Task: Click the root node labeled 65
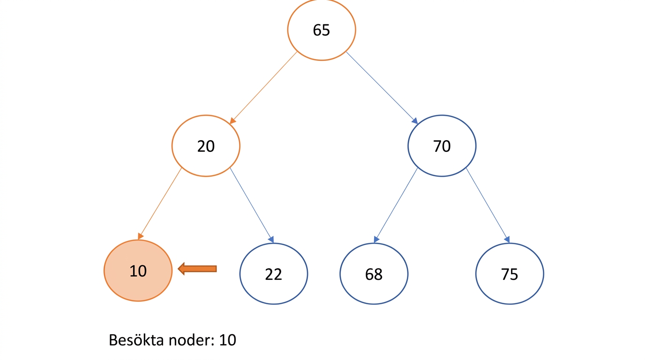pos(322,30)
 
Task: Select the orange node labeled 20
pos(206,146)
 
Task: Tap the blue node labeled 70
pos(442,146)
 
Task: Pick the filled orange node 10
pos(138,270)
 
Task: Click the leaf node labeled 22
pos(274,274)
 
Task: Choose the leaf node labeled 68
pos(374,274)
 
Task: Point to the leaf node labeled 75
pos(510,274)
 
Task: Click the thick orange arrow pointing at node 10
pos(197,269)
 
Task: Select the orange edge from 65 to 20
pos(263,88)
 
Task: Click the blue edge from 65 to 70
pos(382,88)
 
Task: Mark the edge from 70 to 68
pos(396,205)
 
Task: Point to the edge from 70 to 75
pos(488,205)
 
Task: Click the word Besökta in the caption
pos(136,340)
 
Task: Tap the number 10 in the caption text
pos(227,340)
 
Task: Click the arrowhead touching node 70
pos(415,120)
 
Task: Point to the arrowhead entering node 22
pos(271,240)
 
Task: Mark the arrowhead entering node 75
pos(507,240)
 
